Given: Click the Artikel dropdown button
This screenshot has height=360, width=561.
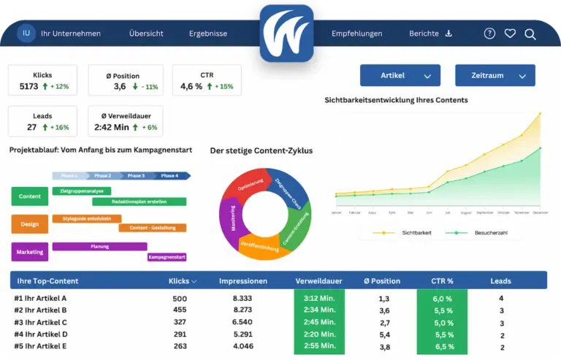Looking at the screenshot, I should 400,75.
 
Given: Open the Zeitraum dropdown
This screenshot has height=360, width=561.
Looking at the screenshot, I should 495,75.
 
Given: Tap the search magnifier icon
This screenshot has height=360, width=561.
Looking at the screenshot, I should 530,34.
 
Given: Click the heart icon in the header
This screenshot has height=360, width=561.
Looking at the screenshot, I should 510,34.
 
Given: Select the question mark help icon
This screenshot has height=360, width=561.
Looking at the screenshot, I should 489,34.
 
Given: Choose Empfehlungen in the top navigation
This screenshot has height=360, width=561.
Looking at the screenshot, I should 356,34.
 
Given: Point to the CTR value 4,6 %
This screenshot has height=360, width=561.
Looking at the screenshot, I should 191,87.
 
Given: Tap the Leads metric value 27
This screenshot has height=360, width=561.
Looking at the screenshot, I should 31,127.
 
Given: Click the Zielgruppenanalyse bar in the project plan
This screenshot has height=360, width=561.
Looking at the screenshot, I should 82,191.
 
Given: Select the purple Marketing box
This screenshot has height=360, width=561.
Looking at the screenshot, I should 29,252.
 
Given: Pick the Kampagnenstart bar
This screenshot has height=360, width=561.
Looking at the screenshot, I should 167,257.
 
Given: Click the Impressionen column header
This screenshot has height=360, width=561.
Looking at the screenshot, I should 243,280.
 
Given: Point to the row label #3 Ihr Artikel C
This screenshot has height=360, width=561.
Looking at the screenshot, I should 40,322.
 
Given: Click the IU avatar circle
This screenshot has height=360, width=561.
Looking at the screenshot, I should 26,33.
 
